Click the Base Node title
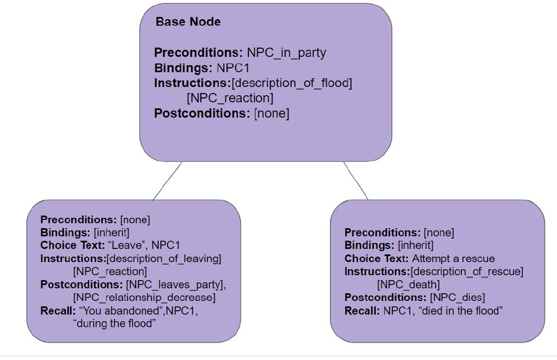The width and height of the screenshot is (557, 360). click(188, 22)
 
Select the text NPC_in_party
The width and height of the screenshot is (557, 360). click(286, 53)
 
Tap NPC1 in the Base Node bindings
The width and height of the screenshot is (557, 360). click(233, 68)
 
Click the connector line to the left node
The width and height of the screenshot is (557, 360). click(167, 181)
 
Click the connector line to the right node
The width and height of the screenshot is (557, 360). click(356, 181)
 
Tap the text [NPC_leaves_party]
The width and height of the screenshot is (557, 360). click(176, 284)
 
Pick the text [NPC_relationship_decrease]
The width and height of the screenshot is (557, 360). click(144, 298)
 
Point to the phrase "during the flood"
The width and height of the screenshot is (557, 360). click(114, 323)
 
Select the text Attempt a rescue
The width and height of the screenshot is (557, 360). click(453, 258)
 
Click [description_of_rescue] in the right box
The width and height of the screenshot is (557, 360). click(467, 271)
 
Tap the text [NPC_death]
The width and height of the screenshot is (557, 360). click(408, 284)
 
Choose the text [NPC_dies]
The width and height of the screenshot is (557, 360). click(457, 297)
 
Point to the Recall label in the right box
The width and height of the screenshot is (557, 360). click(362, 311)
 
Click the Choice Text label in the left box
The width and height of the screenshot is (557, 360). click(72, 245)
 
